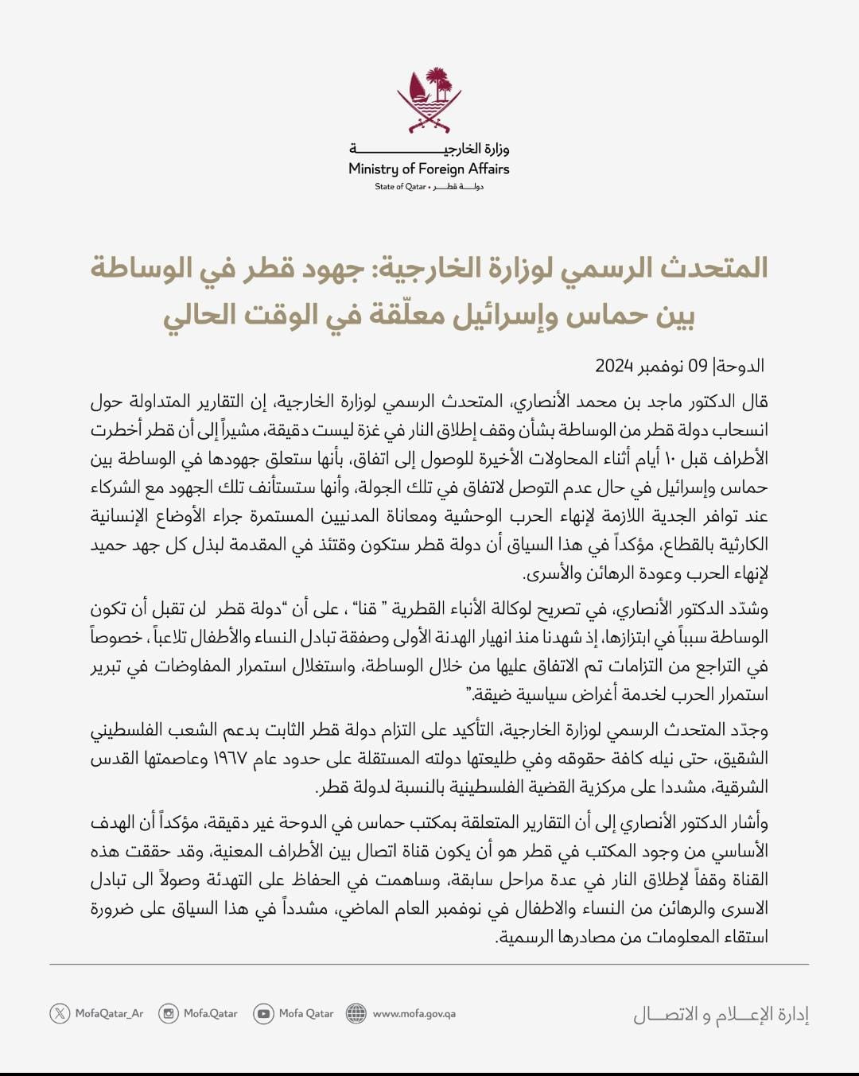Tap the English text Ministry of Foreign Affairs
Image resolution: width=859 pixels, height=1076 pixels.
point(429,169)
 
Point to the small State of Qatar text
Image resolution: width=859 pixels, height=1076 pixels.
point(400,187)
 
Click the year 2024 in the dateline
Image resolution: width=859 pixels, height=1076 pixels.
point(613,366)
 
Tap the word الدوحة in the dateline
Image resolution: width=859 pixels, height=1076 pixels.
point(740,366)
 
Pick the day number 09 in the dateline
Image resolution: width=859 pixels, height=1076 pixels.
point(698,366)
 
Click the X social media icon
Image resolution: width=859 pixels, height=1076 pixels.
point(60,1013)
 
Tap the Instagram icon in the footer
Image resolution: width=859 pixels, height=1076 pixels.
point(169,1013)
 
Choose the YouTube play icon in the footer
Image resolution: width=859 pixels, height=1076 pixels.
point(263,1013)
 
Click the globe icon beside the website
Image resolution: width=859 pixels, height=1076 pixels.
point(356,1013)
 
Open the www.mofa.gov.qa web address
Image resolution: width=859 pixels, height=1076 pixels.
point(414,1014)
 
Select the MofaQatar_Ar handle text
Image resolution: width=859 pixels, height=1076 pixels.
point(109,1014)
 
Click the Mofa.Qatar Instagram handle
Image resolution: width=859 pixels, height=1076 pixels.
point(211,1014)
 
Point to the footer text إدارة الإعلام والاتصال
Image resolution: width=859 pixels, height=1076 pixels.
point(721,1015)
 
